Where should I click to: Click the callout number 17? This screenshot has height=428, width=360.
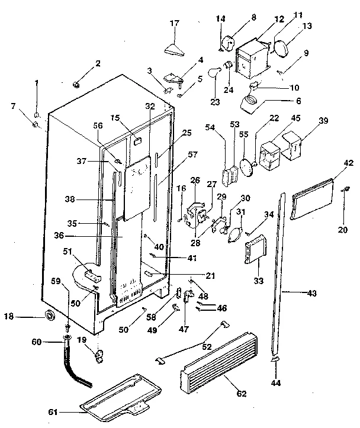pos(174,24)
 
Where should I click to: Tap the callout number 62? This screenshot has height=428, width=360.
pos(241,394)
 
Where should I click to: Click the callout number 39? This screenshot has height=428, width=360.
pos(323,120)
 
